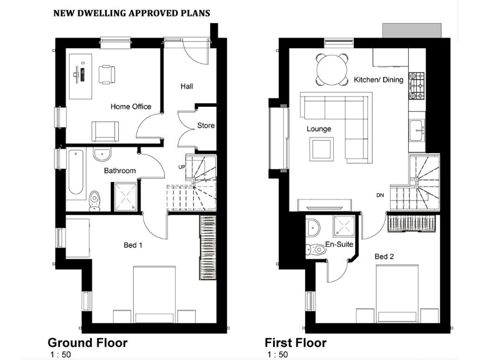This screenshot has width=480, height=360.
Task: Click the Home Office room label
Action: tap(131, 107)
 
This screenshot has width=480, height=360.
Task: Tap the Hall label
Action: tap(186, 86)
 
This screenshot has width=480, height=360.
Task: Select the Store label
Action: tap(206, 126)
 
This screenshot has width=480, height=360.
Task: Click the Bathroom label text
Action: tap(119, 171)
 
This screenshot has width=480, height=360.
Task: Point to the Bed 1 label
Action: tap(133, 246)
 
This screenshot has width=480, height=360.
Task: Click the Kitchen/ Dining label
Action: tap(378, 80)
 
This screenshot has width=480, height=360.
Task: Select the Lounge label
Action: tap(319, 129)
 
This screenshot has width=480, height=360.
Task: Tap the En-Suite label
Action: tap(337, 244)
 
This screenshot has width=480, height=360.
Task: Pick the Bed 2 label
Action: tap(384, 257)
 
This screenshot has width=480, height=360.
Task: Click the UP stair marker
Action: tap(182, 167)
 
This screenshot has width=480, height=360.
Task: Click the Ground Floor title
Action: tap(87, 343)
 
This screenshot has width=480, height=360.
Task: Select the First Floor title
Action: tap(296, 343)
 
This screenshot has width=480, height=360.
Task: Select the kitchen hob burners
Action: tap(416, 86)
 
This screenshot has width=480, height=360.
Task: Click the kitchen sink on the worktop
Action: tap(416, 131)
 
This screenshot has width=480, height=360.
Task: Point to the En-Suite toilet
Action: tap(315, 249)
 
